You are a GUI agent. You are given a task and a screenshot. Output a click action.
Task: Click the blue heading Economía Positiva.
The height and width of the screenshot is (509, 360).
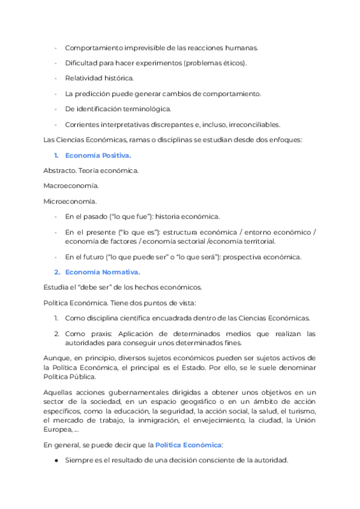(x=98, y=155)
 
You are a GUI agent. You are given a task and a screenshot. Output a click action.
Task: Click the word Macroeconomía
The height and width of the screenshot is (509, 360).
(x=71, y=186)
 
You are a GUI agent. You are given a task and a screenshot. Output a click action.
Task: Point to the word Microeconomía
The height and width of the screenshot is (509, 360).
(x=70, y=201)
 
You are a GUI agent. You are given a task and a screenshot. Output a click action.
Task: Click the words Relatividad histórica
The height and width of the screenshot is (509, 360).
(x=100, y=78)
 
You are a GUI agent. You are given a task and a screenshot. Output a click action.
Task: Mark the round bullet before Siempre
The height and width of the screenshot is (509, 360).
(x=56, y=460)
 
